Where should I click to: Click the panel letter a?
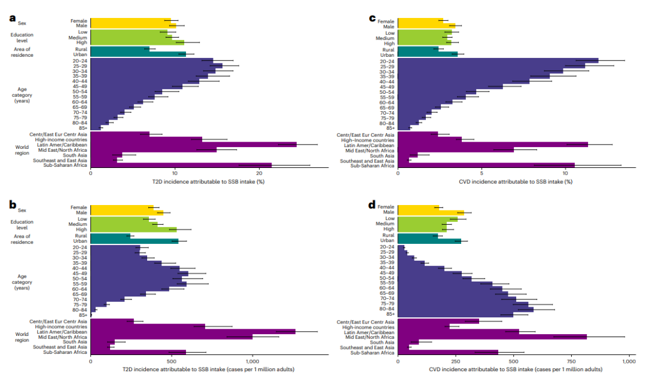13,18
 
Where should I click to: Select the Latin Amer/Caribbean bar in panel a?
194,145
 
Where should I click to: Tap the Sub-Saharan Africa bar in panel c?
486,166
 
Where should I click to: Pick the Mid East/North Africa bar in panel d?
492,337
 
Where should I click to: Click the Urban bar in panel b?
135,241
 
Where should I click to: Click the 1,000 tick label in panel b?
252,361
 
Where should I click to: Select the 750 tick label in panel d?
571,361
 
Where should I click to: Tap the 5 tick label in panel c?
482,173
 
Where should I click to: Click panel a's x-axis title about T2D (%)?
208,182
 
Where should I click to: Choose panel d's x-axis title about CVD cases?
516,369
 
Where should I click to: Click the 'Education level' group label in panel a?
22,38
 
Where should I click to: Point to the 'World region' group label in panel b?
22,337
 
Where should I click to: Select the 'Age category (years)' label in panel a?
22,95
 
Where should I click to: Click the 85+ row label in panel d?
389,314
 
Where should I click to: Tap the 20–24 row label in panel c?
387,62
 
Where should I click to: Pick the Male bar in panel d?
431,212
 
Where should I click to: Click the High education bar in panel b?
133,230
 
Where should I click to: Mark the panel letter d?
372,204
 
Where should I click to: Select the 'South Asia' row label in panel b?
75,342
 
